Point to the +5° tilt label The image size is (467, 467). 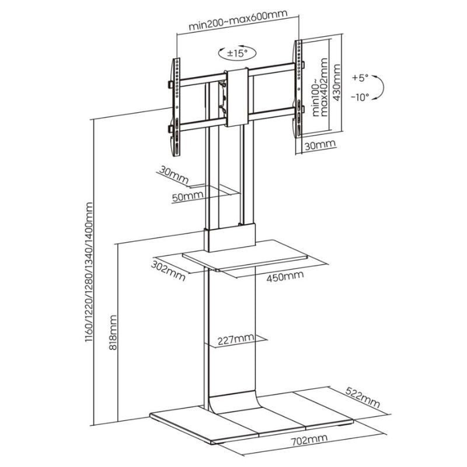coord(361,77)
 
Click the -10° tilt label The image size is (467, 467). coord(360,97)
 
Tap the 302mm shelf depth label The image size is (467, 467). coord(167,269)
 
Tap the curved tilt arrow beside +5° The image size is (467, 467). coord(380,88)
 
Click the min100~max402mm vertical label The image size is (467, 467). coord(319,89)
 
